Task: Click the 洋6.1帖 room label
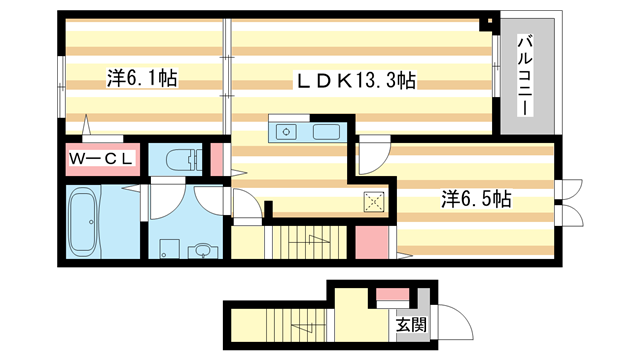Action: tap(141, 78)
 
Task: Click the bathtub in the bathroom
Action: tap(87, 222)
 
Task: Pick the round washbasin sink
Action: tap(204, 250)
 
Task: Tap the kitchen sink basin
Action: tap(327, 132)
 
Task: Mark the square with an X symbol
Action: tap(374, 201)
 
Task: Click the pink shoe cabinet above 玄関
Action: tap(391, 295)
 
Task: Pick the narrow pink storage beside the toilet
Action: tap(216, 160)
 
